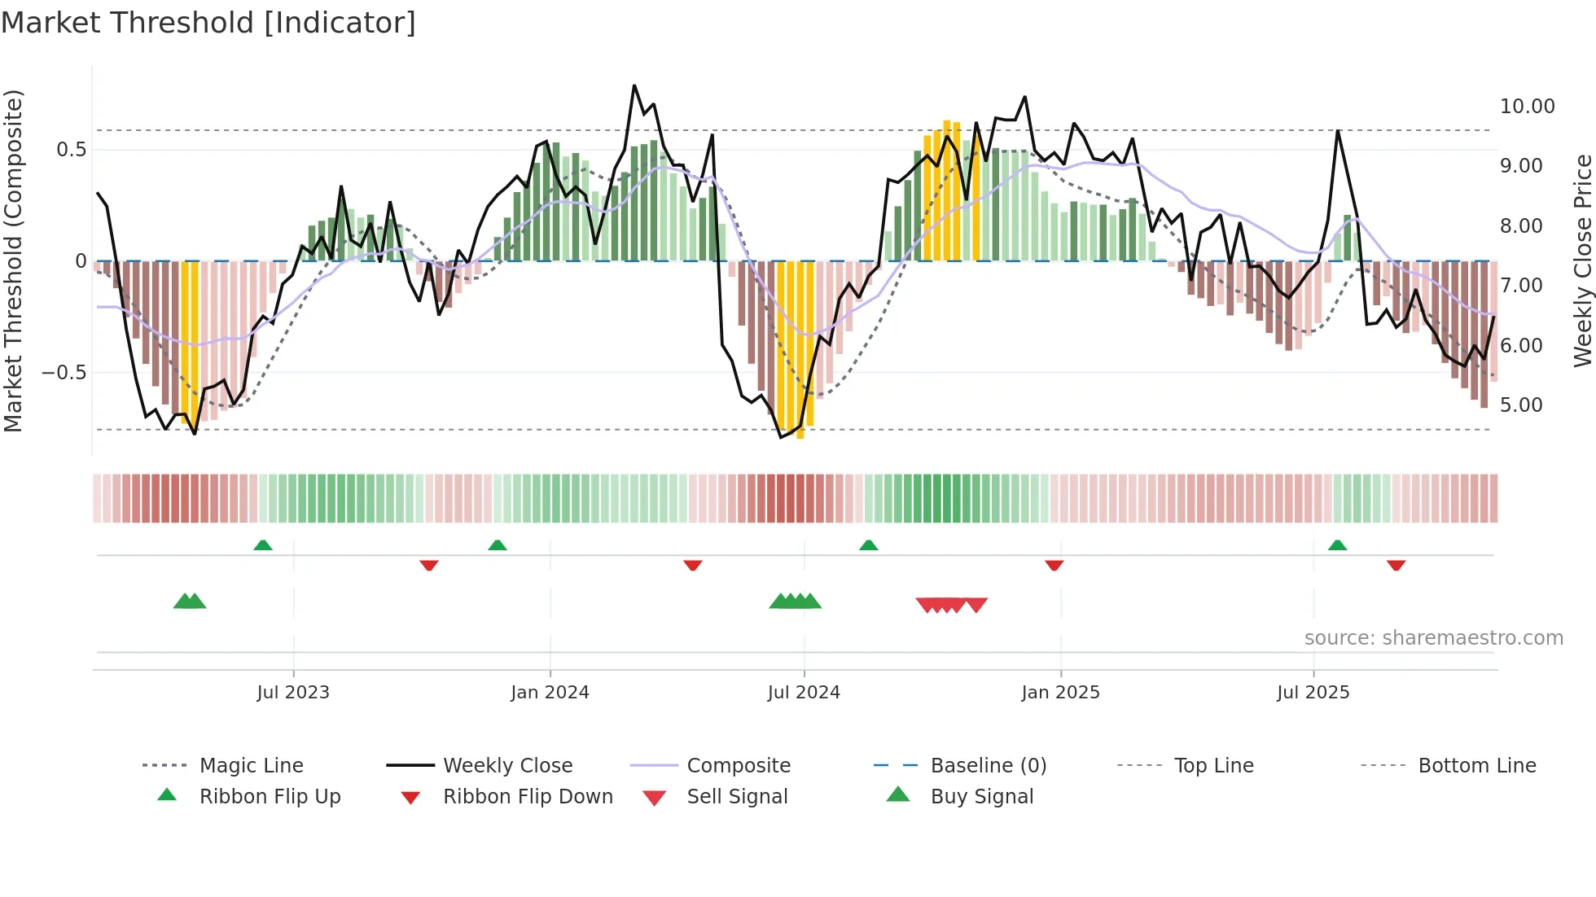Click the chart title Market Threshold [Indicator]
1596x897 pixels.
pos(208,23)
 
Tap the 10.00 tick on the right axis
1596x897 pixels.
pos(1527,107)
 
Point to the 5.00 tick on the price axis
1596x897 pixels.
pos(1520,405)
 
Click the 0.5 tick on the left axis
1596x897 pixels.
pos(71,150)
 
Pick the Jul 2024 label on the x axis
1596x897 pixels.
pos(803,693)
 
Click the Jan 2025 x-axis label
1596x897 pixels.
pos(1060,693)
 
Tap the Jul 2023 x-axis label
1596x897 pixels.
pos(293,693)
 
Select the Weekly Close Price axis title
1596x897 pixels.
pos(1581,260)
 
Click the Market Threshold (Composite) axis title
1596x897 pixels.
pos(13,260)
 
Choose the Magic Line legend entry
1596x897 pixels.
pos(251,766)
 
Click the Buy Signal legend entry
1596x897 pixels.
pos(981,797)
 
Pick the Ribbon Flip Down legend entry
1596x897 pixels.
pos(527,797)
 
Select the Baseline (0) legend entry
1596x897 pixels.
pos(988,766)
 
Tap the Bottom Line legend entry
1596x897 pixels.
pos(1476,766)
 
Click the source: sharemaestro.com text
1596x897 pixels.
pos(1433,638)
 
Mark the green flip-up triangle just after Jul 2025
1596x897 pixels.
pos(1337,545)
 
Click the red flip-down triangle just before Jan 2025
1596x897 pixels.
pos(1054,565)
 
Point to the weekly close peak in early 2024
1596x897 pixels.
pos(634,85)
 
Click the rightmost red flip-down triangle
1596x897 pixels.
pos(1396,565)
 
